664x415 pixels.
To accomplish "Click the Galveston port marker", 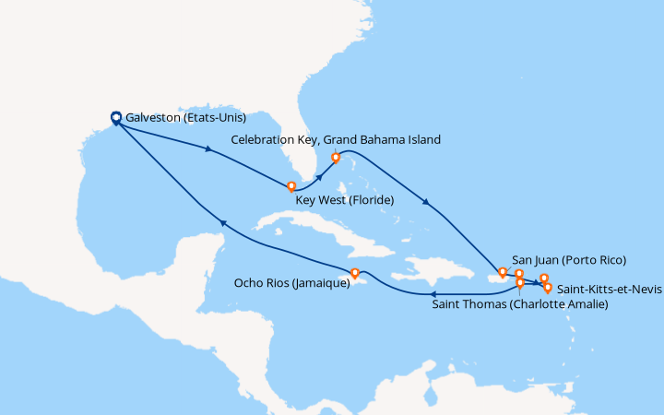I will click(117, 118).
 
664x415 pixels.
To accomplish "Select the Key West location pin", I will click(291, 187).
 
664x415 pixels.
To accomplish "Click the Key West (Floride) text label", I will click(344, 200).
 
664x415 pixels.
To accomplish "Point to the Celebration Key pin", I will click(336, 158).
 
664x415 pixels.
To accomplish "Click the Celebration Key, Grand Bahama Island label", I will click(336, 139).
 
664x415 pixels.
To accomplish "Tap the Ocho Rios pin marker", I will click(355, 273).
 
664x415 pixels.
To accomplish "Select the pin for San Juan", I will click(502, 273).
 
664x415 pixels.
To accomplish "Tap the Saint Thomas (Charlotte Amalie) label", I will click(520, 302).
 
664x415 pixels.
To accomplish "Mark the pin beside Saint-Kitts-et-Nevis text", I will click(548, 288).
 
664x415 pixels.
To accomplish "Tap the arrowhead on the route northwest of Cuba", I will click(221, 221).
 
